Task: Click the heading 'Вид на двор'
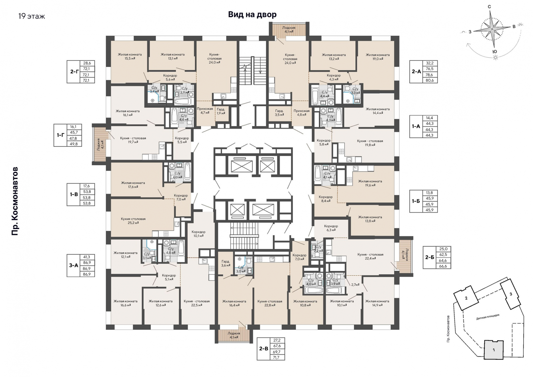pyautogui.click(x=252, y=14)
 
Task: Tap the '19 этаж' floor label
pyautogui.click(x=32, y=16)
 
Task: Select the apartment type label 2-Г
pyautogui.click(x=74, y=72)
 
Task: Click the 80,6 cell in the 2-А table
pyautogui.click(x=429, y=80)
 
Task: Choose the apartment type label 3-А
pyautogui.click(x=74, y=265)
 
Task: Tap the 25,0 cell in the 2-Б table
pyautogui.click(x=443, y=249)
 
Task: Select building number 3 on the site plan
pyautogui.click(x=511, y=294)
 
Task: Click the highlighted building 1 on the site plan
pyautogui.click(x=494, y=350)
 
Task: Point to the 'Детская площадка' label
pyautogui.click(x=488, y=317)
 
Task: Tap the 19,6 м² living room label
pyautogui.click(x=370, y=183)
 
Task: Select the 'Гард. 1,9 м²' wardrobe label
pyautogui.click(x=221, y=111)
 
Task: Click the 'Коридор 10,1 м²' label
pyautogui.click(x=198, y=234)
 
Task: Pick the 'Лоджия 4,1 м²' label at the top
pyautogui.click(x=289, y=29)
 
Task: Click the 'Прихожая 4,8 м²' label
pyautogui.click(x=301, y=112)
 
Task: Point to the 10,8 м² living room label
pyautogui.click(x=305, y=303)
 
